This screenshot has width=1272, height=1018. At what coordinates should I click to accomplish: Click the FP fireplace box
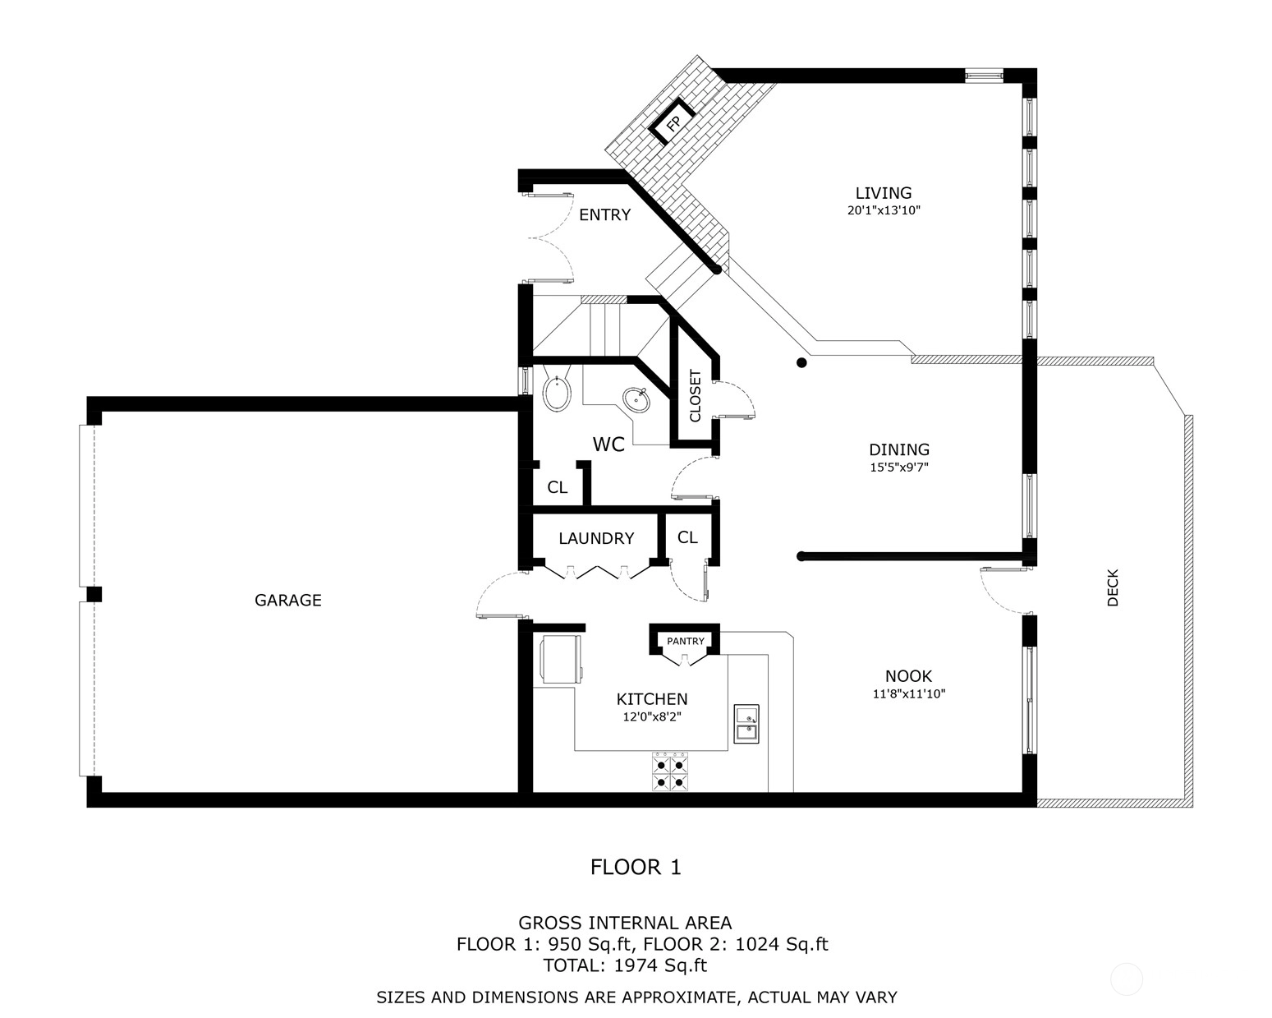[673, 122]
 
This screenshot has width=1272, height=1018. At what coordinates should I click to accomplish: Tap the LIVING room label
[884, 193]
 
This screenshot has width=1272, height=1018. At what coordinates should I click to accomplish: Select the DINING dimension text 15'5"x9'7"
[899, 468]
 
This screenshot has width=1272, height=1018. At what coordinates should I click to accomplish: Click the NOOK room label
[908, 676]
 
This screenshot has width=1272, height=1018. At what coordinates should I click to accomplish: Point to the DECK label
[1113, 587]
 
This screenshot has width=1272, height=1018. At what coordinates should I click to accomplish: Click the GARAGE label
[288, 601]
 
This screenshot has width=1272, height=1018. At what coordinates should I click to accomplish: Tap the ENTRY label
[604, 214]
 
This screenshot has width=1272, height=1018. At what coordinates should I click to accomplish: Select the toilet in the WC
[557, 389]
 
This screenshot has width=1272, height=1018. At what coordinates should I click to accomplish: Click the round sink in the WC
[636, 400]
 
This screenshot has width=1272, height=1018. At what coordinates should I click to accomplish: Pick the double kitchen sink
[746, 723]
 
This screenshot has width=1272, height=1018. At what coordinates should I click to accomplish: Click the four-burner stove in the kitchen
[670, 772]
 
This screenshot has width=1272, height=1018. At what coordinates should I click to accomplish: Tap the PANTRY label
[686, 641]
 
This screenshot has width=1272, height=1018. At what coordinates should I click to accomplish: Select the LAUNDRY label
[596, 538]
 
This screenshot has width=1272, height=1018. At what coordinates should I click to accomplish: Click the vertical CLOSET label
[695, 396]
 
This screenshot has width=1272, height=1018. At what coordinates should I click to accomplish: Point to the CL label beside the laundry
[687, 537]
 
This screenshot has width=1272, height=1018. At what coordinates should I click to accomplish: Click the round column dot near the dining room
[801, 363]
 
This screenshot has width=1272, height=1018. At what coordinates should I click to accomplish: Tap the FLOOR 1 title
[636, 868]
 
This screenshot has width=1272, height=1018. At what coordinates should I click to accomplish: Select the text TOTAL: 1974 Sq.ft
[625, 966]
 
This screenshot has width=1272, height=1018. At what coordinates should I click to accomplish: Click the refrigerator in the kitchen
[561, 659]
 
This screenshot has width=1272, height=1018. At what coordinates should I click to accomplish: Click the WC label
[608, 445]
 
